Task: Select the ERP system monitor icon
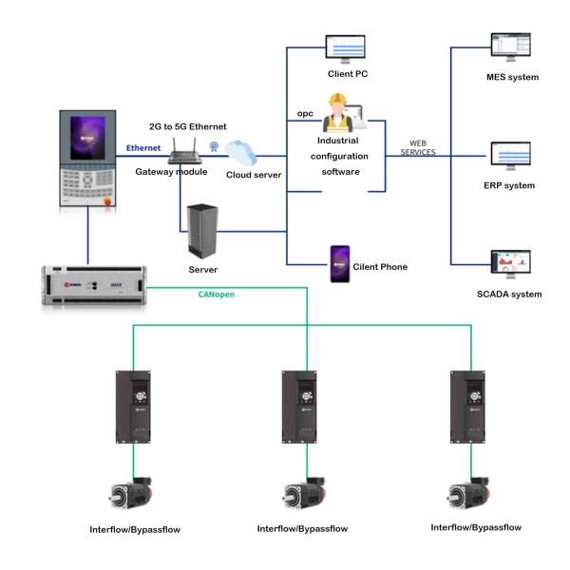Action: pyautogui.click(x=510, y=156)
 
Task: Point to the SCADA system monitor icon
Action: pyautogui.click(x=510, y=264)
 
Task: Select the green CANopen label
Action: pyautogui.click(x=215, y=294)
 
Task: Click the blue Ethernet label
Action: pyautogui.click(x=144, y=148)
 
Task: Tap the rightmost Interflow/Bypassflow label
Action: pyautogui.click(x=475, y=526)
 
